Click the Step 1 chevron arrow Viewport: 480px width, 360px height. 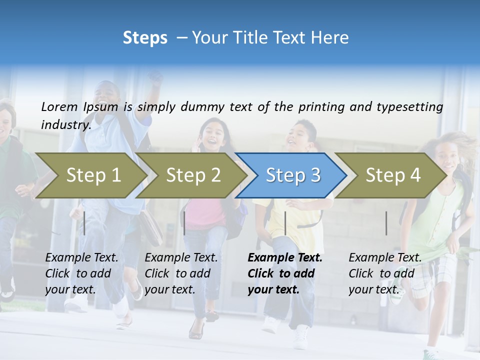click(93, 175)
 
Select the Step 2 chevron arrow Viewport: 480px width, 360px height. click(193, 175)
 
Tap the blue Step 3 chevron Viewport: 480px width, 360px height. click(293, 175)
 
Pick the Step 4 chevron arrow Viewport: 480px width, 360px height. click(393, 175)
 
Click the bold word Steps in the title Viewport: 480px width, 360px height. click(145, 38)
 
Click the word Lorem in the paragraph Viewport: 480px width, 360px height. click(59, 106)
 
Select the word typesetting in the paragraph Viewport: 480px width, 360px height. click(409, 106)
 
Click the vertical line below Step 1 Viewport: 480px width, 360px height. click(84, 223)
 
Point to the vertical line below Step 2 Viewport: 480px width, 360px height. click(184, 223)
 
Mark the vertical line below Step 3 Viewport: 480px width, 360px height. click(285, 223)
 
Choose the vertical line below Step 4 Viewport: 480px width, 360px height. click(386, 223)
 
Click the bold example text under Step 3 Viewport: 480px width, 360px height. click(285, 273)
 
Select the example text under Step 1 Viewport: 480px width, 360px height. click(81, 273)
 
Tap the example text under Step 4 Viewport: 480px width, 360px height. click(385, 273)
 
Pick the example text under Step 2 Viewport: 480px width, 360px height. click(181, 273)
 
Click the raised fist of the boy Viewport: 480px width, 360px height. click(156, 78)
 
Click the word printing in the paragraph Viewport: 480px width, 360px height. click(320, 106)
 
